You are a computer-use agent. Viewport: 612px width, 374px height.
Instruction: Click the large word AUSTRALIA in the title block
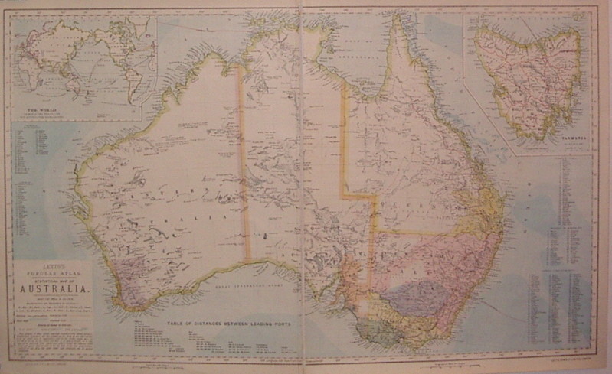[x=52, y=289]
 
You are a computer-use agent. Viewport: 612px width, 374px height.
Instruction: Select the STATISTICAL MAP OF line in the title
[x=52, y=279]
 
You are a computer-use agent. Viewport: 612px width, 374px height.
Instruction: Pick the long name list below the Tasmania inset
[x=571, y=252]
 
